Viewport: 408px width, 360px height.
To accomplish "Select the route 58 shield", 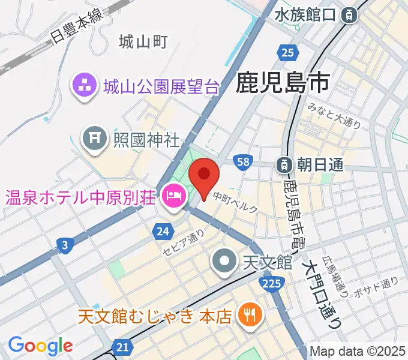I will [x=242, y=162].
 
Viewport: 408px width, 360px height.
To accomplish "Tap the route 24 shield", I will [x=163, y=230].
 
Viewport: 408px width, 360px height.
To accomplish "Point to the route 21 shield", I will [x=122, y=347].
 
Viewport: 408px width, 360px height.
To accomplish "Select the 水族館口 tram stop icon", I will [x=348, y=16].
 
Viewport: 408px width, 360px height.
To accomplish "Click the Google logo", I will [x=40, y=346].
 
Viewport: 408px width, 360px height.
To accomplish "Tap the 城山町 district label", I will [x=142, y=41].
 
